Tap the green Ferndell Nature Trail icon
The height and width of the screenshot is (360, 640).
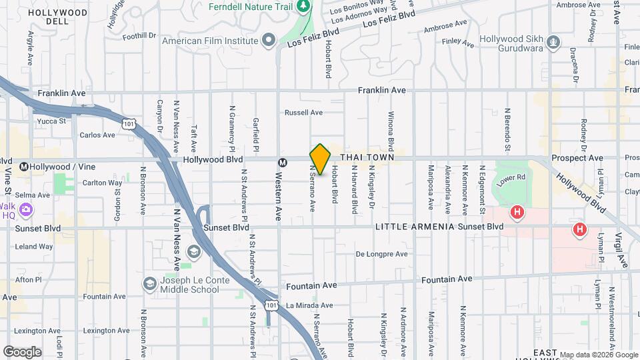(304, 7)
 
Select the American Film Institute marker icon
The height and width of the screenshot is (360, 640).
(269, 40)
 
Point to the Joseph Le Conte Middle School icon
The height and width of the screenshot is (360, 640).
(150, 284)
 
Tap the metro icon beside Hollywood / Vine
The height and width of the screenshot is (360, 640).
(25, 166)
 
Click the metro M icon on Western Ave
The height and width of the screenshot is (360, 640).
(283, 162)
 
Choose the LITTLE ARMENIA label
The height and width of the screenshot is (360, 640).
(415, 227)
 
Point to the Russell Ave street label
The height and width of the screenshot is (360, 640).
(303, 113)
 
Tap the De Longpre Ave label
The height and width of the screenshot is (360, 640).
(381, 254)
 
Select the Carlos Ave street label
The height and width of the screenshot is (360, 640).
(97, 135)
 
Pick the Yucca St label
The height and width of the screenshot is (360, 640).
(53, 121)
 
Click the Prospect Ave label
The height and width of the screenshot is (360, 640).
(581, 158)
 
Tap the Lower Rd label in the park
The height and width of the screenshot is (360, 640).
(513, 179)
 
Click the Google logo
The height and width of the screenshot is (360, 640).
(22, 351)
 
